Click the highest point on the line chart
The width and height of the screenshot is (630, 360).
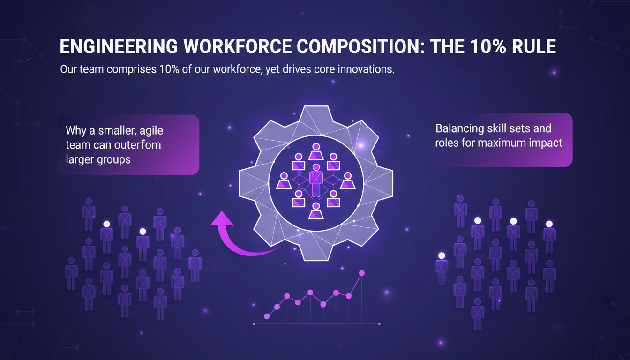[361, 272]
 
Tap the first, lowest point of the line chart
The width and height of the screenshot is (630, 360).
[267, 316]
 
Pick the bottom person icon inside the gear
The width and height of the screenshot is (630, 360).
[316, 211]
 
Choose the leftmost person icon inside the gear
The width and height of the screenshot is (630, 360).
[283, 181]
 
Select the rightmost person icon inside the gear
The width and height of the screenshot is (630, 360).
[348, 181]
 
